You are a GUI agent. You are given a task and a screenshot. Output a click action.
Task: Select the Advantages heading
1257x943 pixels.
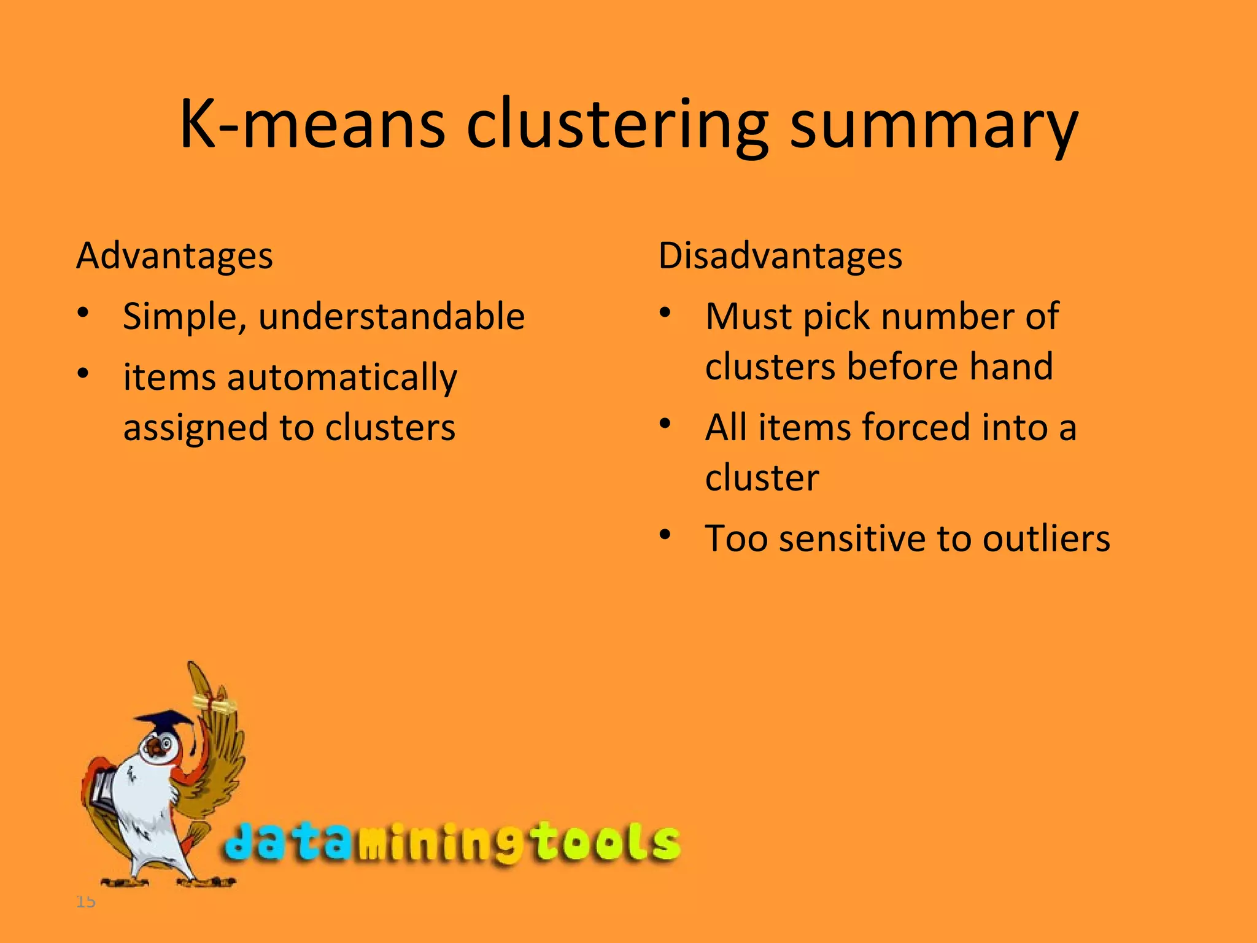click(x=174, y=256)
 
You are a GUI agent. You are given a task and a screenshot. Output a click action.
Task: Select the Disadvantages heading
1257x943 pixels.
click(x=780, y=256)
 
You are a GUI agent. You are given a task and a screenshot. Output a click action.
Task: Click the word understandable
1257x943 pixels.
click(x=392, y=317)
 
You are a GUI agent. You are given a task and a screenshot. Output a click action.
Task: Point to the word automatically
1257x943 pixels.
click(x=342, y=378)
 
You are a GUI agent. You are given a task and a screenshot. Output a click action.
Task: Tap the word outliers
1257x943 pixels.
click(x=1046, y=539)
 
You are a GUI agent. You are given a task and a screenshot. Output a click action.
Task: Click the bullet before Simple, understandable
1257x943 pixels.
click(x=83, y=313)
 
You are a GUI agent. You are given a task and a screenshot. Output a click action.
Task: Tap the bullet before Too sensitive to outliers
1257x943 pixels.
click(x=665, y=535)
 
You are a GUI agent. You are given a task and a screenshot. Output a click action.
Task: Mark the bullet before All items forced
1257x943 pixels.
click(x=665, y=424)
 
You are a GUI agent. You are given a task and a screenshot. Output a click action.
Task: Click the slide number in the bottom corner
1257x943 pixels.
click(x=86, y=902)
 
